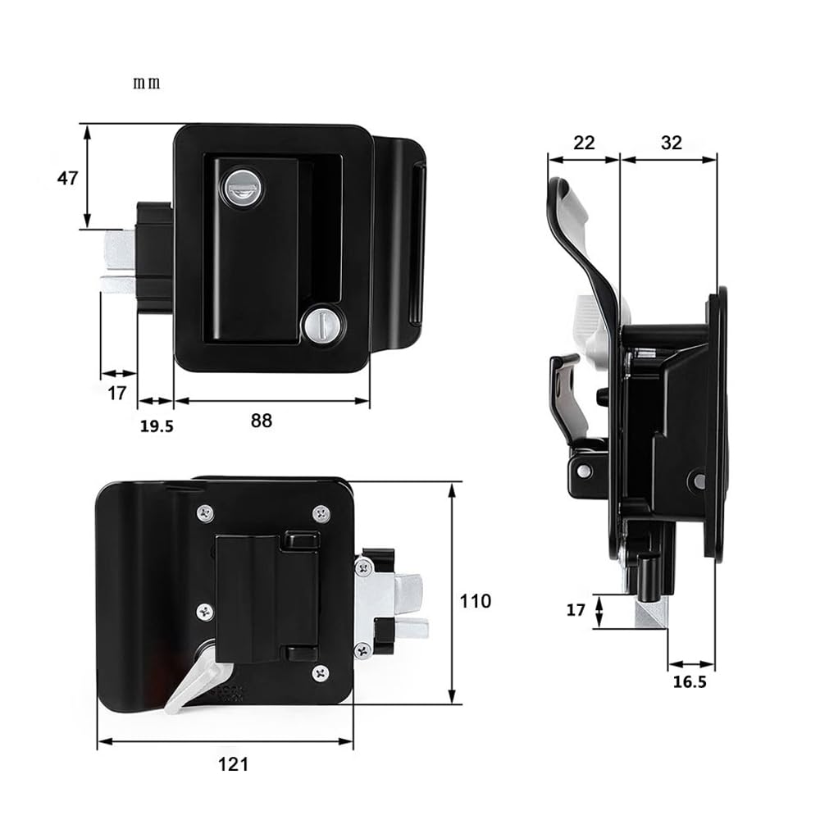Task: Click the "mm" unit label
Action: [x=148, y=84]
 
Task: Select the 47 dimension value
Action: [x=67, y=177]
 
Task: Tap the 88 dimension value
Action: [x=261, y=421]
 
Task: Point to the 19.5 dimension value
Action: [x=157, y=426]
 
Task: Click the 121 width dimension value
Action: [x=234, y=765]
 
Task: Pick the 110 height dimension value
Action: [x=475, y=601]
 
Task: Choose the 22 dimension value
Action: [x=583, y=142]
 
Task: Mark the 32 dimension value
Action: [x=671, y=142]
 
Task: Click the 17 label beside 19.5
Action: [x=117, y=393]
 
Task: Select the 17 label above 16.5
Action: [x=576, y=611]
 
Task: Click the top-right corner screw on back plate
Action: [x=321, y=513]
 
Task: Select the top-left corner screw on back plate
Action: [x=205, y=513]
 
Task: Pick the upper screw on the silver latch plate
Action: [x=362, y=566]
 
